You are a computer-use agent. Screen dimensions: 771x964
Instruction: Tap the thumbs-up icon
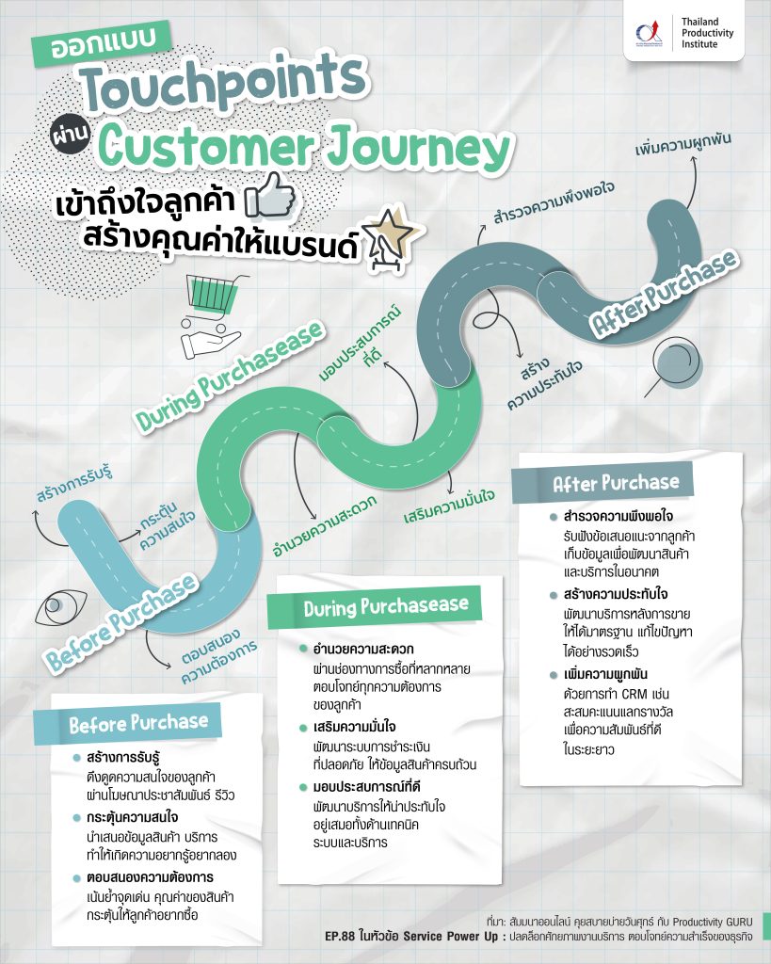tap(270, 196)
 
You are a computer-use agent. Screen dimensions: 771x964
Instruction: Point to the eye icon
tap(61, 609)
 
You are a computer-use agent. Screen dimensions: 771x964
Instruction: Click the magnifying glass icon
tap(674, 368)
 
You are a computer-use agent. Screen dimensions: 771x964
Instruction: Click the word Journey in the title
tap(418, 148)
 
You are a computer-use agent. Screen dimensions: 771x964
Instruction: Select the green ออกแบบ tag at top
tap(103, 43)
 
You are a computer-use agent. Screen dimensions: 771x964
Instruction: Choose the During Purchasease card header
tap(375, 606)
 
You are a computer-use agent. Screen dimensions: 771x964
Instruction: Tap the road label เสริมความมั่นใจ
tap(449, 506)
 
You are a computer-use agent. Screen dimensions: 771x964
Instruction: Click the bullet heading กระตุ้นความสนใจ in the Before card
tap(132, 817)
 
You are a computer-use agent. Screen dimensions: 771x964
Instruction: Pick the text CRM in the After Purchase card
tap(634, 694)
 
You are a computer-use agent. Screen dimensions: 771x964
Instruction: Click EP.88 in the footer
tap(340, 937)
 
